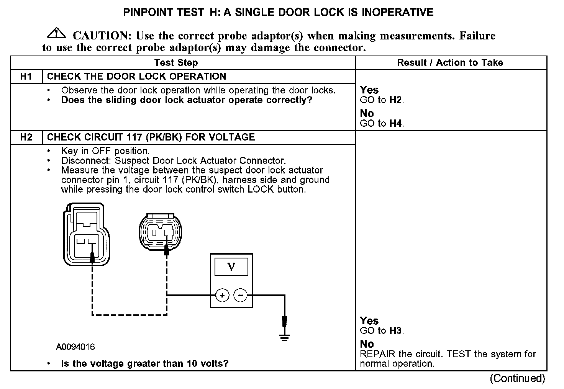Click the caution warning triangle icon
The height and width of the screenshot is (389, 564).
(56, 33)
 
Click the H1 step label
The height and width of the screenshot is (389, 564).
(26, 76)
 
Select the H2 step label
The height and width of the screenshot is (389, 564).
(26, 137)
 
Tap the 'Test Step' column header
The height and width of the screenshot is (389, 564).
(176, 63)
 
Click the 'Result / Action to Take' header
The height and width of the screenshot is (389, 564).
(450, 63)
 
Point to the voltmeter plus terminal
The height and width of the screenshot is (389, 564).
(222, 295)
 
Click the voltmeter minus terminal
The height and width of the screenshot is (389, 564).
(240, 295)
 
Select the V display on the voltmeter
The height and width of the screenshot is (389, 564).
(231, 267)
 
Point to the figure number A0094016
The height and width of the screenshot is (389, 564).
(75, 347)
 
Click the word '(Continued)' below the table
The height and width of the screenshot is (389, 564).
(517, 378)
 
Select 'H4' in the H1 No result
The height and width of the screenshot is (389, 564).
(396, 123)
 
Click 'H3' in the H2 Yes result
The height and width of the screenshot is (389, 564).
(396, 331)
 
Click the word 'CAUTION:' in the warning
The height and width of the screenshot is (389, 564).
(102, 36)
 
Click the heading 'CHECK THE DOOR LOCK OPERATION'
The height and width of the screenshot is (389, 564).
(136, 76)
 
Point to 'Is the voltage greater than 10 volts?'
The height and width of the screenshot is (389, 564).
(145, 363)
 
